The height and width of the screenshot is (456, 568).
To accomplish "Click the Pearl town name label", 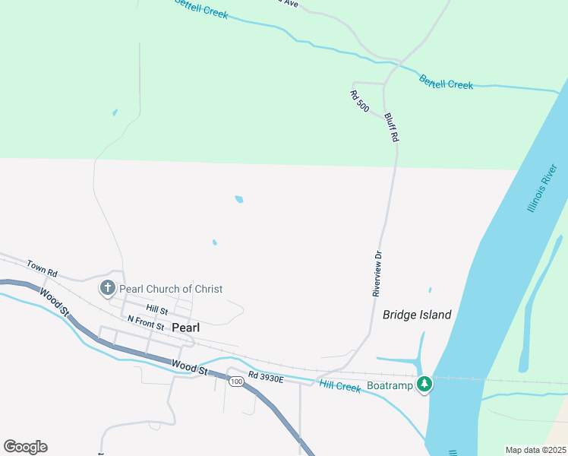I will point(186,328).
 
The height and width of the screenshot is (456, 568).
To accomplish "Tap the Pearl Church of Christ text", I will point(171,289).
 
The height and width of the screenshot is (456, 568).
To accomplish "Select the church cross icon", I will point(108,288).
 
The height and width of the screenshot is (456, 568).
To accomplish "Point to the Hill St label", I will point(157,310).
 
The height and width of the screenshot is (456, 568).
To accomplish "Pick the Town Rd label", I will point(42,268).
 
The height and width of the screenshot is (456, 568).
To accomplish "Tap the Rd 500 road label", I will point(359,102).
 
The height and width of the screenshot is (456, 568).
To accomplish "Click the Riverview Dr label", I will point(377,274).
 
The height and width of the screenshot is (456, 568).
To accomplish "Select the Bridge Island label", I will point(417,315).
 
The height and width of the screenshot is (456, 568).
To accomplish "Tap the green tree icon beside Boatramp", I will point(424,385).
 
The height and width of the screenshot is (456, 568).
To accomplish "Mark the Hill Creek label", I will point(339,386).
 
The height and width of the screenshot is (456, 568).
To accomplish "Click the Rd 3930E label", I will point(265,378).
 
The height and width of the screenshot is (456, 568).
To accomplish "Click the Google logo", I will point(25,447).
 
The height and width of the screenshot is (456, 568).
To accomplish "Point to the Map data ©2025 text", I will point(535,450).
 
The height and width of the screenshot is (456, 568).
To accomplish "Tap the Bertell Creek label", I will point(447,83).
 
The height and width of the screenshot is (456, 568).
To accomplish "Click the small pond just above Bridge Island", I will point(430,290).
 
